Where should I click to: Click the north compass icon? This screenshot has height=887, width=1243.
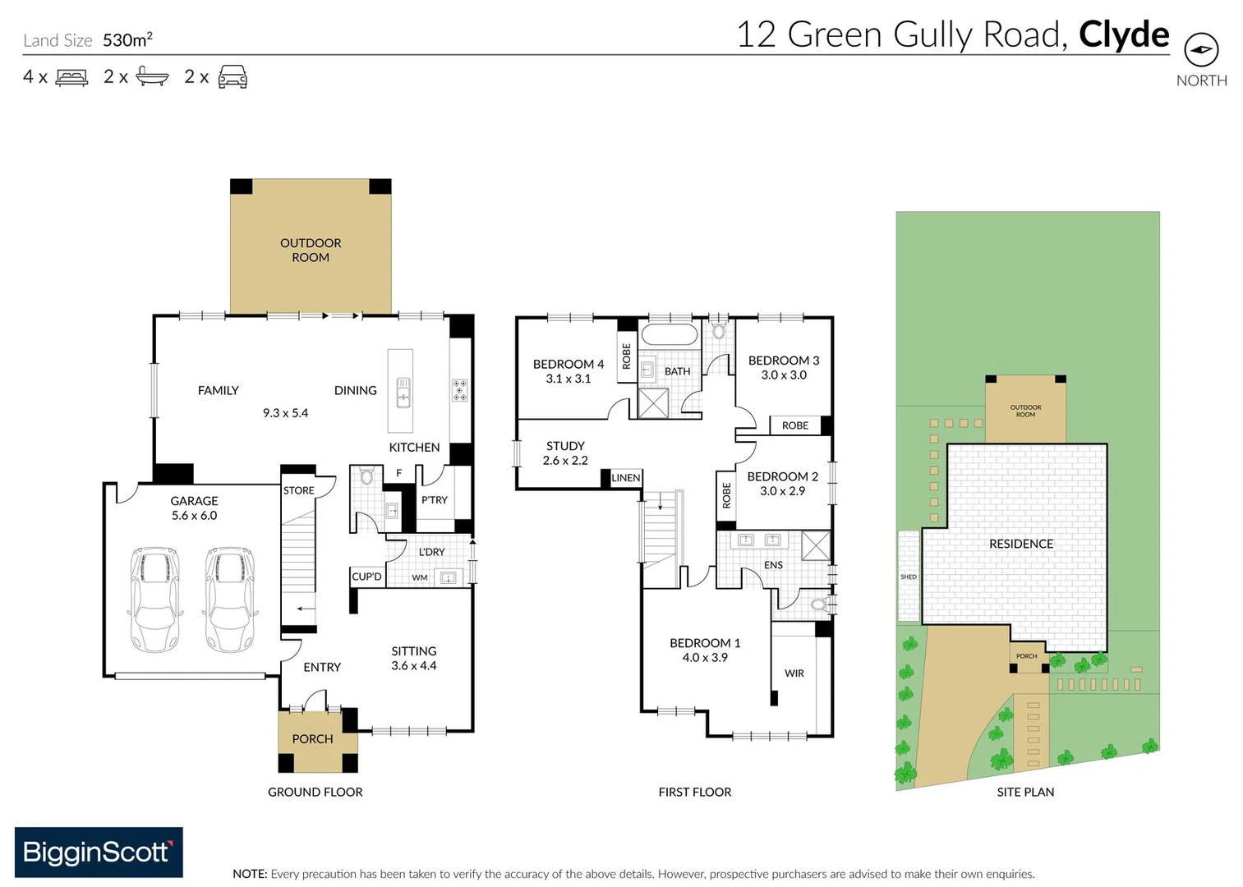tap(1201, 49)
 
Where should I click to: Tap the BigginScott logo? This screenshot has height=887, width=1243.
tap(99, 852)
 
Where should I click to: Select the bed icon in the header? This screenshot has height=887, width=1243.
tap(71, 78)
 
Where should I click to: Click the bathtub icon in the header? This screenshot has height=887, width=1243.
tap(152, 77)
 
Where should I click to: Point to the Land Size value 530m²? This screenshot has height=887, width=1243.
tap(127, 40)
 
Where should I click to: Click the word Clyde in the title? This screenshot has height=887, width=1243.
tap(1123, 34)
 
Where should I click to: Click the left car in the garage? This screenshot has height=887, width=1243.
tap(154, 600)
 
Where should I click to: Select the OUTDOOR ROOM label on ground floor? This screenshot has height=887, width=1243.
tap(311, 250)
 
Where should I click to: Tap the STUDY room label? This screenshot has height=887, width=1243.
tap(565, 446)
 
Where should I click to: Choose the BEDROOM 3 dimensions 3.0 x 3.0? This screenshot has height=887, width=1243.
tap(784, 375)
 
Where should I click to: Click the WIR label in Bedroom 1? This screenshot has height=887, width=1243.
tap(794, 673)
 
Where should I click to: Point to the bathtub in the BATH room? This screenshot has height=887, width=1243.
tap(669, 334)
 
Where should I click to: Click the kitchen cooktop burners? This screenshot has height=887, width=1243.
tap(460, 390)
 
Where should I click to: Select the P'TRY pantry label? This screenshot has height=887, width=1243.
tap(435, 500)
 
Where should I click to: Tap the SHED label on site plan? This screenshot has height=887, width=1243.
tap(908, 577)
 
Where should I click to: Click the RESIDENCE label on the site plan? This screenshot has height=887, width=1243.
tap(1020, 544)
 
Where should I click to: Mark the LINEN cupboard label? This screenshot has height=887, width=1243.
tap(625, 478)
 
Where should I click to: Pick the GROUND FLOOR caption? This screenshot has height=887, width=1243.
tap(315, 792)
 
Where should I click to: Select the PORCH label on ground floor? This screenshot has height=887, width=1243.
tap(312, 739)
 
